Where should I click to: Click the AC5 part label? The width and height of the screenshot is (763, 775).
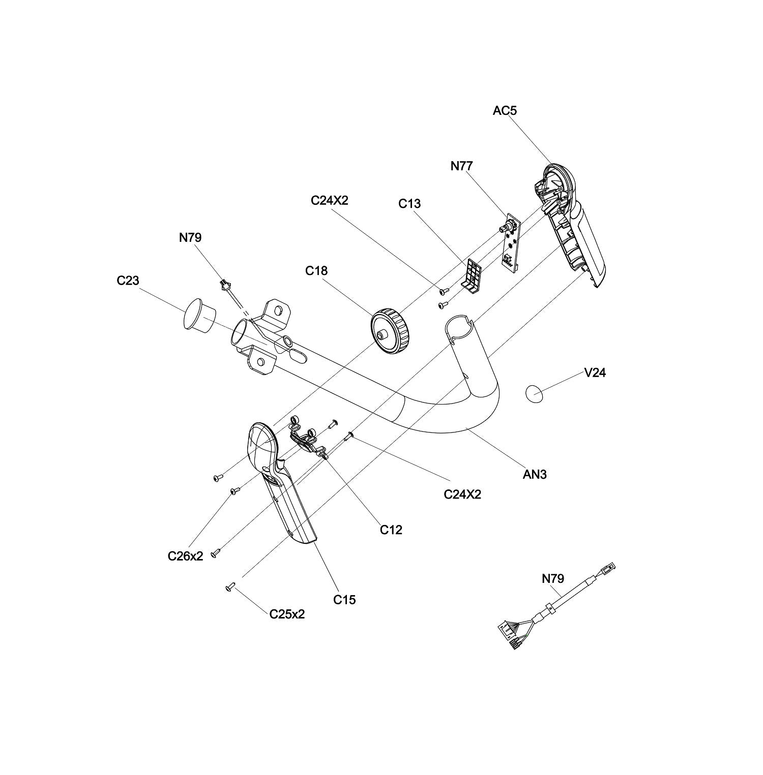click(505, 110)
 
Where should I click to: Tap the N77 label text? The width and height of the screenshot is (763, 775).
click(462, 166)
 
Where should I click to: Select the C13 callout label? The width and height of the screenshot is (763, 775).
click(409, 204)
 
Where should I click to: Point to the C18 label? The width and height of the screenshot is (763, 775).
click(316, 271)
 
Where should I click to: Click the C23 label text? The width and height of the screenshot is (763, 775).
click(128, 281)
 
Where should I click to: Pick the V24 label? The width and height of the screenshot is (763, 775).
click(595, 373)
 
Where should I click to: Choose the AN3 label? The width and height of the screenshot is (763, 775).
click(535, 475)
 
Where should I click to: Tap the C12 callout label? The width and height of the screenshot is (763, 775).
click(391, 530)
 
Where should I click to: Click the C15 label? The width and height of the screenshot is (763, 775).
click(344, 600)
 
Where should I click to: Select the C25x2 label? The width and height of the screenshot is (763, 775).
click(287, 614)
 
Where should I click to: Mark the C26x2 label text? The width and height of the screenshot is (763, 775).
click(185, 556)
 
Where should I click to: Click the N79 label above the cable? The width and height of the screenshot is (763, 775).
click(553, 578)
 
